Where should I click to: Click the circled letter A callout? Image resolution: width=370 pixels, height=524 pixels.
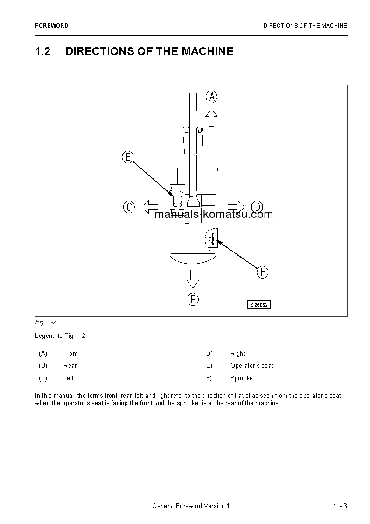tap(212, 97)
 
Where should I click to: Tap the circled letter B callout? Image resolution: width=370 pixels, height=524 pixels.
tap(193, 299)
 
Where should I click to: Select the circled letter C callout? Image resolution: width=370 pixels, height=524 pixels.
tap(129, 207)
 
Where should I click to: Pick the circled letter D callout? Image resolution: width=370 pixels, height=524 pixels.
tap(257, 207)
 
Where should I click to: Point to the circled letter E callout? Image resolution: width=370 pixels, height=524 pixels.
tap(128, 157)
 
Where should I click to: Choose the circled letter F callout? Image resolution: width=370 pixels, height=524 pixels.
tap(263, 272)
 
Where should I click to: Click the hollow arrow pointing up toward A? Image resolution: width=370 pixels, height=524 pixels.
tap(212, 118)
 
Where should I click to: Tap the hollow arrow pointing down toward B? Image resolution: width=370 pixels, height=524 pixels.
tap(193, 278)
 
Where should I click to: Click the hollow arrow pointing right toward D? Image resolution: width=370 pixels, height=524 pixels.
tap(237, 207)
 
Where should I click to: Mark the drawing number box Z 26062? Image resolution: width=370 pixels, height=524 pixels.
tap(259, 305)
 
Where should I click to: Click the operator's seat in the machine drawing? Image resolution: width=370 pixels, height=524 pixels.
tap(178, 201)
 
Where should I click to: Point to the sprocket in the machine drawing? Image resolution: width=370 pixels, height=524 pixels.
tap(212, 239)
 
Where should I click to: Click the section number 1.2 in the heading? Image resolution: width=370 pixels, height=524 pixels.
tap(43, 51)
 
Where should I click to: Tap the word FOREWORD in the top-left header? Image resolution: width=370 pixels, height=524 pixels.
tap(51, 26)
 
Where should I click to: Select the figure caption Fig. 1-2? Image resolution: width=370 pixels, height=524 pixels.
tap(46, 322)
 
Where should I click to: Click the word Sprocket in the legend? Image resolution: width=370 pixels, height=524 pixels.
tap(243, 378)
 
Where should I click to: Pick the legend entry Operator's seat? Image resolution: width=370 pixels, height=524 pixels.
tap(252, 366)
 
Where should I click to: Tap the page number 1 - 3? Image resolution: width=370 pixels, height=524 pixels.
tap(340, 506)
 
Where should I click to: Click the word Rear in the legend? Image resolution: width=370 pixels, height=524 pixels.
tap(70, 366)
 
